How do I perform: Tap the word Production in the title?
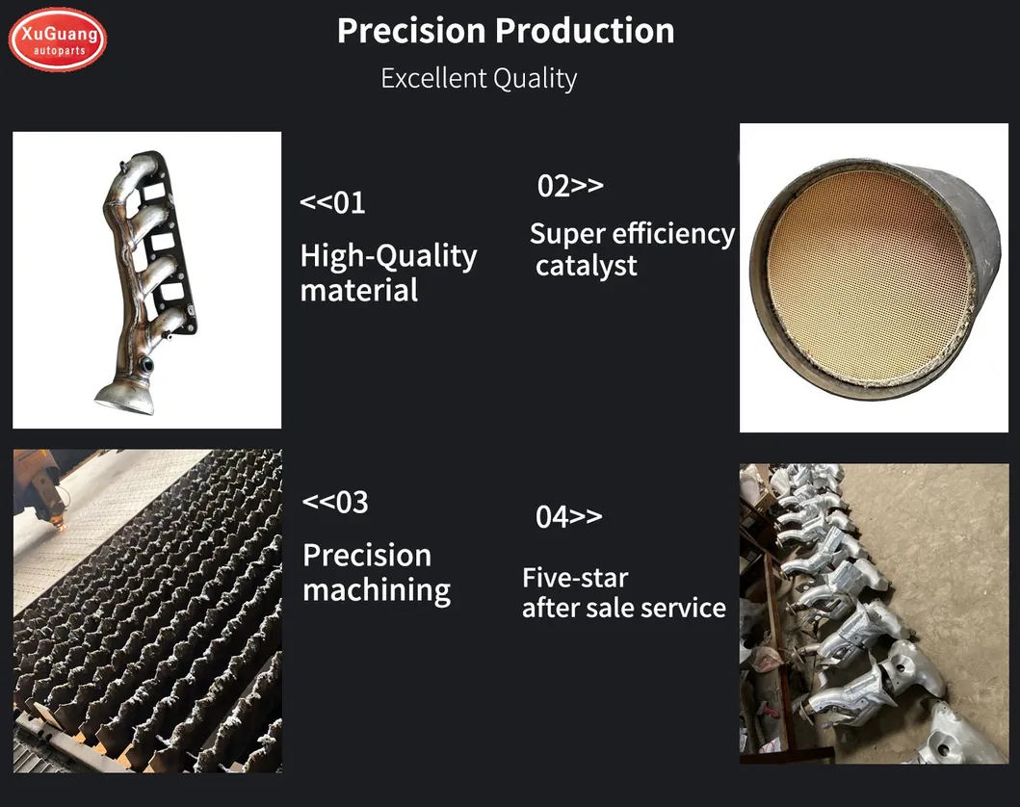pos(592,31)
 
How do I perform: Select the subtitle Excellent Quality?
pos(479,78)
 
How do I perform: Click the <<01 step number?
pos(332,203)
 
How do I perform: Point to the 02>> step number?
pos(570,186)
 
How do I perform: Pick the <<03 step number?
pos(335,502)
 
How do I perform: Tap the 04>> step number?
pos(568,517)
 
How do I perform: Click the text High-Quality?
pos(388,256)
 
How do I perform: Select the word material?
pos(359,290)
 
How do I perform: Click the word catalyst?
pos(586,266)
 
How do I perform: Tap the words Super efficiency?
pos(632,234)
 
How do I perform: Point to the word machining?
pos(377,589)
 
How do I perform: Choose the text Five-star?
pos(575,578)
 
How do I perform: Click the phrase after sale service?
pos(624,608)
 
